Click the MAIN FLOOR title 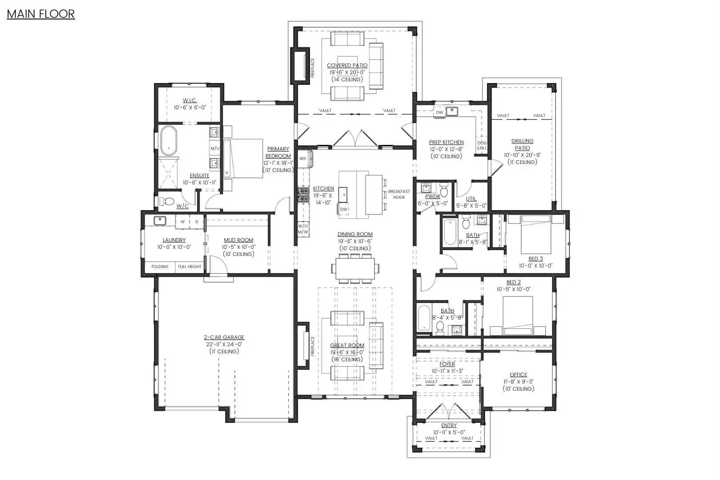(x=41, y=14)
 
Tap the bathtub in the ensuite (x=169, y=141)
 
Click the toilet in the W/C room (x=166, y=201)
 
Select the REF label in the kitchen (x=303, y=158)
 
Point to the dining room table (x=355, y=268)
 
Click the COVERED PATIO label (x=347, y=65)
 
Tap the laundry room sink (x=160, y=221)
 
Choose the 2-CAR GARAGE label (x=224, y=337)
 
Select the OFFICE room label (x=518, y=375)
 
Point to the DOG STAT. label (x=482, y=145)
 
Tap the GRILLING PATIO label (x=522, y=144)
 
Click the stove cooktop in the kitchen (x=303, y=196)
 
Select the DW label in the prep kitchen (x=439, y=112)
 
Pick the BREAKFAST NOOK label (x=399, y=194)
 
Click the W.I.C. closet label (x=189, y=100)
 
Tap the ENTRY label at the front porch (x=449, y=425)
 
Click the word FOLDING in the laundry (x=160, y=266)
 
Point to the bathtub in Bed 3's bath (x=449, y=231)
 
